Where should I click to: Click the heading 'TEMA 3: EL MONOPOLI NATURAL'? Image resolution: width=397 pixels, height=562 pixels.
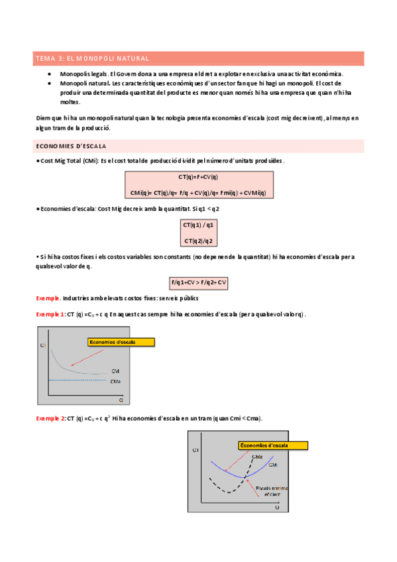(92, 59)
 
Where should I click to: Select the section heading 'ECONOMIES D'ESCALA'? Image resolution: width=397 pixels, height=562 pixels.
(72, 146)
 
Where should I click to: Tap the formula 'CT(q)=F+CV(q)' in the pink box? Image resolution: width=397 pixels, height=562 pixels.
(198, 178)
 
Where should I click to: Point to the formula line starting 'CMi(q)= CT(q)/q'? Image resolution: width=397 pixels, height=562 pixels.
(198, 193)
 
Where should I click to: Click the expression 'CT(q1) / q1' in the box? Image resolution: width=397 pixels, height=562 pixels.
(198, 225)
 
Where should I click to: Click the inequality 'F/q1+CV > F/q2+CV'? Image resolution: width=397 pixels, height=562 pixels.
(198, 282)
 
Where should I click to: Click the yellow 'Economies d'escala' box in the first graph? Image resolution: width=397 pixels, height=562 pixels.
(121, 342)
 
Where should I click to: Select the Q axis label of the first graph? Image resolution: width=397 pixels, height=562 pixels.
(121, 400)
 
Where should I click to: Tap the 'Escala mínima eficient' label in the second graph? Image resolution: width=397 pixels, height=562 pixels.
(268, 491)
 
